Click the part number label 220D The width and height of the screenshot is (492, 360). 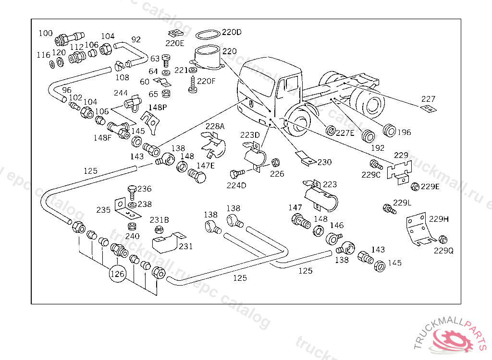click(232, 33)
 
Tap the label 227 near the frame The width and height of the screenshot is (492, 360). click(428, 99)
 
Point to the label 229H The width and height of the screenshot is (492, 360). click(439, 219)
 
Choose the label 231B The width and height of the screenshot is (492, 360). click(159, 220)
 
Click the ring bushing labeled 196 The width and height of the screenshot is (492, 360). click(389, 130)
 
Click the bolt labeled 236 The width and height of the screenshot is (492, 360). click(132, 192)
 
